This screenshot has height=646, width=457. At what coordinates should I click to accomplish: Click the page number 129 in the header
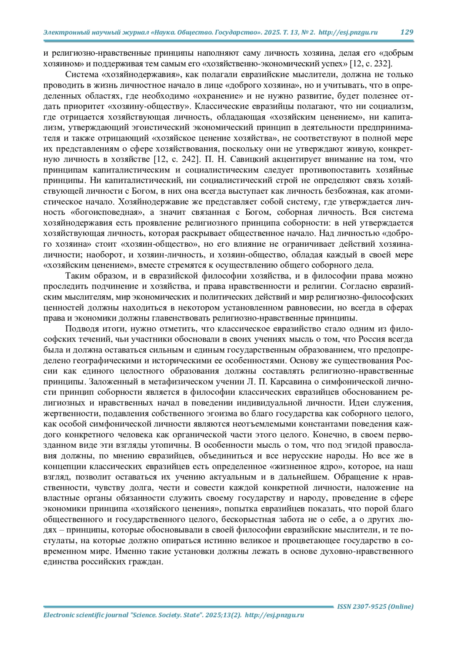point(407,32)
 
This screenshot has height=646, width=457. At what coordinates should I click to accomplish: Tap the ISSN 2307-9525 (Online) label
point(375,606)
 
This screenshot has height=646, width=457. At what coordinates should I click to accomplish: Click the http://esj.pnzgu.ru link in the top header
point(348,32)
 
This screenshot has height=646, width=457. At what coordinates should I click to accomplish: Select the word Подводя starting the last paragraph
point(81,329)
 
